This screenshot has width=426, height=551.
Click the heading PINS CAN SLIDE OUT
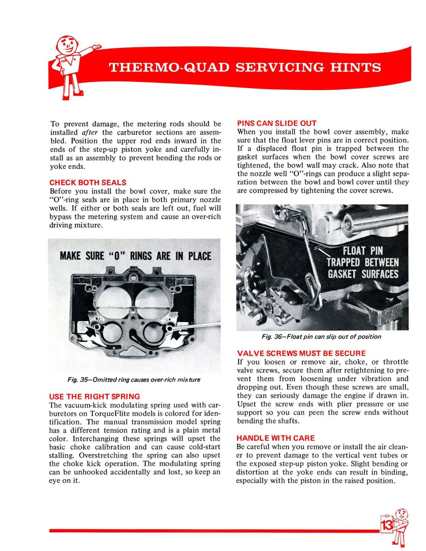[277, 123]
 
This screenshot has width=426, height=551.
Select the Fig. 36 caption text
[322, 337]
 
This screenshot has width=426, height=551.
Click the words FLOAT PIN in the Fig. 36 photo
[363, 251]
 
